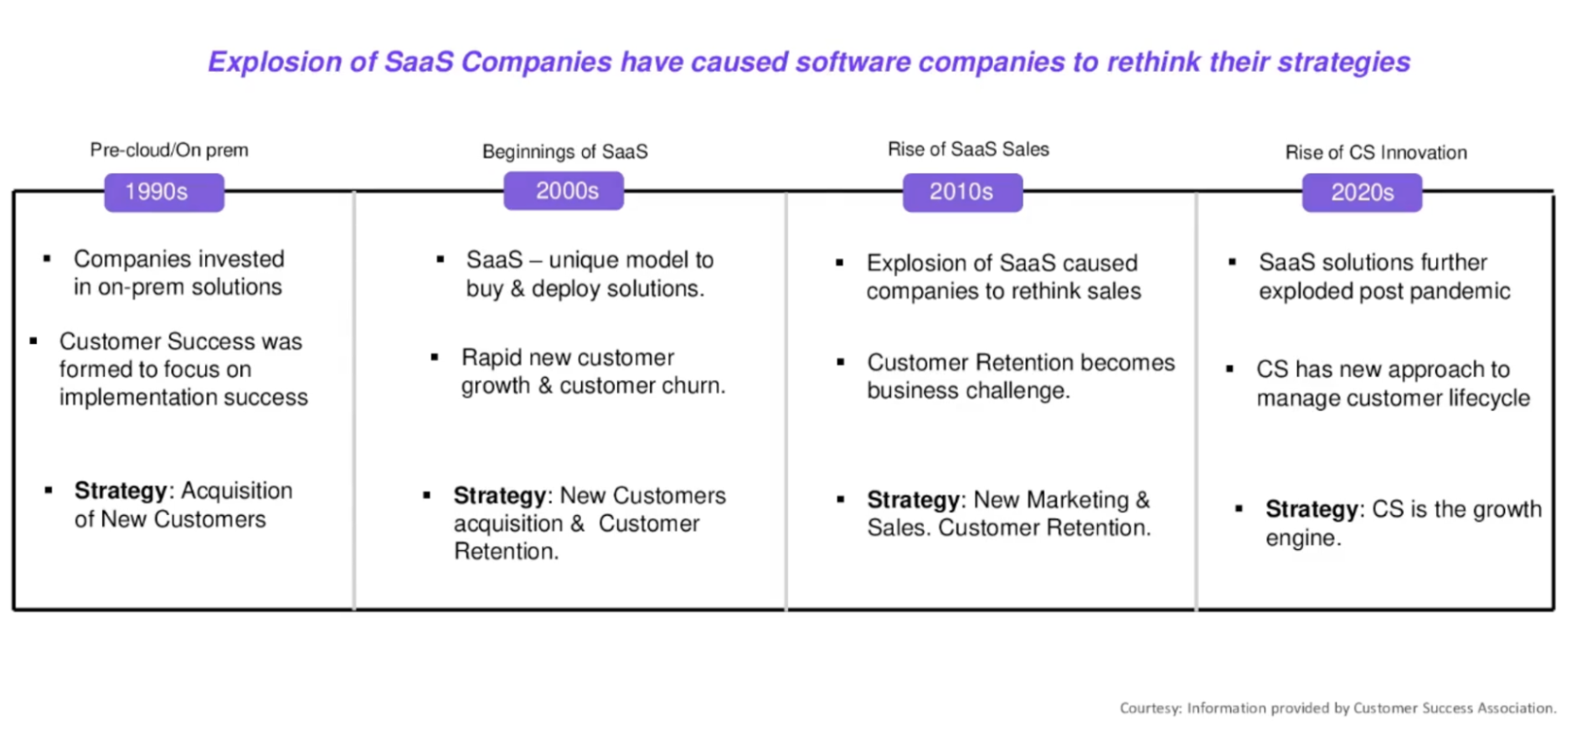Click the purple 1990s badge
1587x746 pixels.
(163, 193)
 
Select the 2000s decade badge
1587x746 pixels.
(564, 191)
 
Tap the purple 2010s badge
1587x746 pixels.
(962, 193)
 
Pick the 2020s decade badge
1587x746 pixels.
(1362, 193)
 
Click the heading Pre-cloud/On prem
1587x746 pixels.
(169, 151)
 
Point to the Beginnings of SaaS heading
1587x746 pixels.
(564, 152)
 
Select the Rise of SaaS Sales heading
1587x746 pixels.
(968, 149)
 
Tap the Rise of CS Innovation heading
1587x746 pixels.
(1376, 152)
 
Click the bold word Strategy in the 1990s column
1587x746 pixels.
(121, 491)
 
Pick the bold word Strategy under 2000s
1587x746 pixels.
(499, 496)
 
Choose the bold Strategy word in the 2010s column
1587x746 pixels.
(913, 500)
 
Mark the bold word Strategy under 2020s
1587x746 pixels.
(1311, 509)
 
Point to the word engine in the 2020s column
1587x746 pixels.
(1301, 538)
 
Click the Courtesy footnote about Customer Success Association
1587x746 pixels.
(1337, 708)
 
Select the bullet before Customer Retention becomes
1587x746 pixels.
(841, 362)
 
